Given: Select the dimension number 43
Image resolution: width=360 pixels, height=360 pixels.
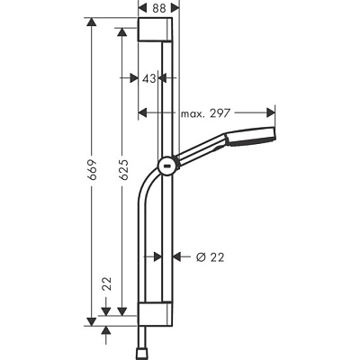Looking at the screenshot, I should [150, 79].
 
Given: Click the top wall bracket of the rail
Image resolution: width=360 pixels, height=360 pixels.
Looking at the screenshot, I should [160, 33].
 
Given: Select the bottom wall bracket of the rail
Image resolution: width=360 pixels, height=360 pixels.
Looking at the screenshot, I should [160, 316].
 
